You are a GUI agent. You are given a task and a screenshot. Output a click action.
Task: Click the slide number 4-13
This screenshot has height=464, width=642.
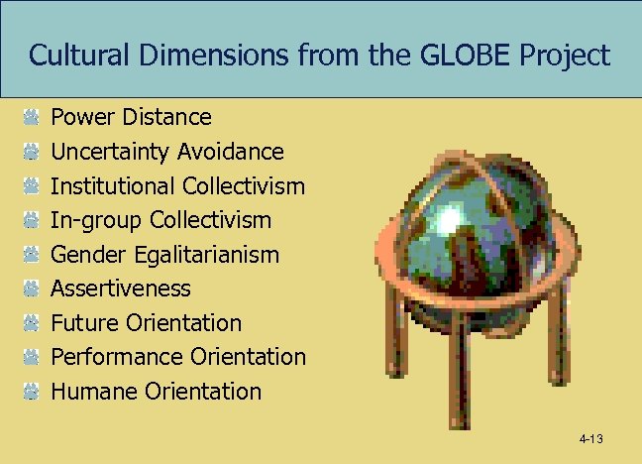click(591, 439)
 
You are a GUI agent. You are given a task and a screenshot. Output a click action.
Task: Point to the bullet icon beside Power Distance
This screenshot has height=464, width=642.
click(32, 118)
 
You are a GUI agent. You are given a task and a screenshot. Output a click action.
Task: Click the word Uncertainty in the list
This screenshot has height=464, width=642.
click(110, 152)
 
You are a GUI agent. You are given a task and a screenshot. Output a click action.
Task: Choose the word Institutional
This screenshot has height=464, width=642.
click(113, 185)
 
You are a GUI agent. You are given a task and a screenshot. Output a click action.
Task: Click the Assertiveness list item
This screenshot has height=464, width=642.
click(120, 289)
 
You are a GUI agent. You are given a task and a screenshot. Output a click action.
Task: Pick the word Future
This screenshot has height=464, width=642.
click(85, 322)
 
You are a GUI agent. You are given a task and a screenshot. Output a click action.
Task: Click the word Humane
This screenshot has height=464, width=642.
click(93, 391)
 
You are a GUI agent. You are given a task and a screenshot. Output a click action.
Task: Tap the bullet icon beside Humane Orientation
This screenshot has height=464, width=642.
click(32, 391)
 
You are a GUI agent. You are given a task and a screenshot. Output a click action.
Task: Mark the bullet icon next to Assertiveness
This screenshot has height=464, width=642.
click(32, 289)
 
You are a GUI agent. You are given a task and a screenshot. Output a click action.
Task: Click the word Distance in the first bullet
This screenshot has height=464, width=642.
click(168, 117)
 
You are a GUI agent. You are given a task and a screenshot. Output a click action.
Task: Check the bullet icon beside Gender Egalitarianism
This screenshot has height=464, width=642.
click(32, 255)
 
